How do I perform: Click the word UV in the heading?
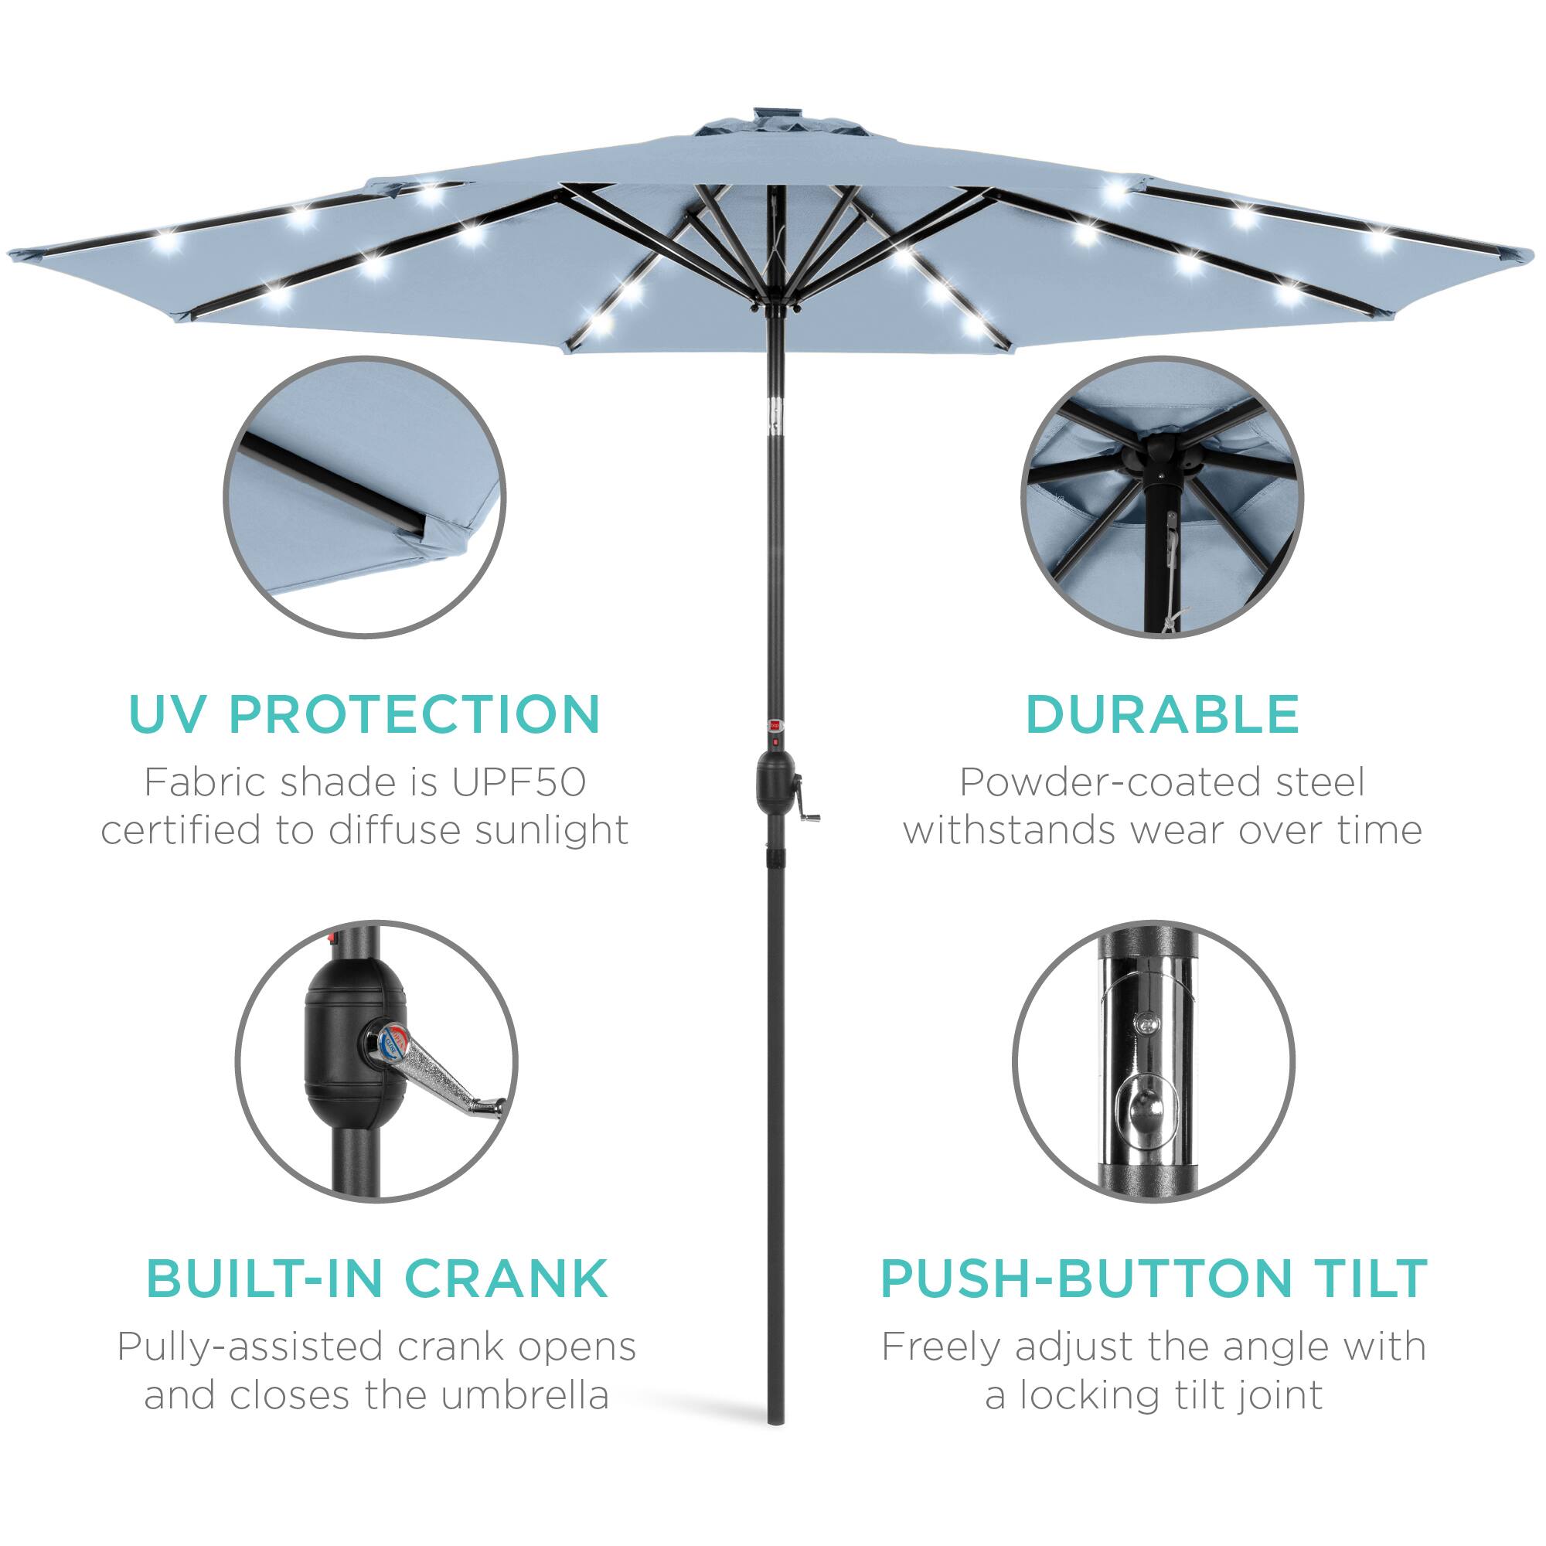(x=169, y=714)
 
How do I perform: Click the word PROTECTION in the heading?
(x=414, y=714)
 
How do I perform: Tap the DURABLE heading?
(x=1162, y=714)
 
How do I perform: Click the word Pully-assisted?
(x=250, y=1347)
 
